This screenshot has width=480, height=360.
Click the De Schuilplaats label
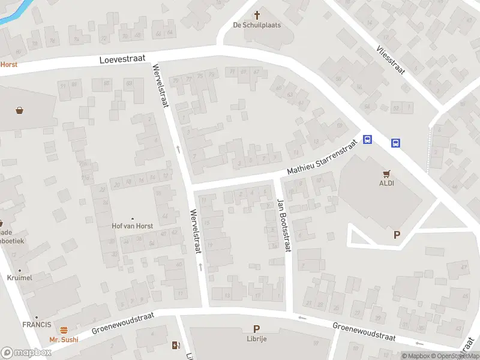coord(257,25)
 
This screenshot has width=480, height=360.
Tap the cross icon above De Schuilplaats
coord(257,15)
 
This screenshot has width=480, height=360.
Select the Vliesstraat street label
coord(391,60)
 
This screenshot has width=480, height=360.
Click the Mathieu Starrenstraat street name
coord(322,157)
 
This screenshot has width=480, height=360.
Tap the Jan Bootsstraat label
coord(283,225)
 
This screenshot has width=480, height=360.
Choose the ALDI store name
coord(386,184)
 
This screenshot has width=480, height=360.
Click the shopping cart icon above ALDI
coord(387,173)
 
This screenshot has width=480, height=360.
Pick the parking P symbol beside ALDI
coord(397,235)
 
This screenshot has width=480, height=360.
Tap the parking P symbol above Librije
coord(257,329)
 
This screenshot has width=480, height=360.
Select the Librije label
coord(257,339)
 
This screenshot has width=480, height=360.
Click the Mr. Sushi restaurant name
coord(64,340)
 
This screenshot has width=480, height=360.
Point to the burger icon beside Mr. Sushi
coord(64,330)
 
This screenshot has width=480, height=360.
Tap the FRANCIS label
coord(37,325)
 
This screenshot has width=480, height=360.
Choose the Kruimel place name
coord(20,278)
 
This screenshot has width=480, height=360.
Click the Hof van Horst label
coord(133,226)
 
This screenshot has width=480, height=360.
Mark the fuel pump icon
coord(176,345)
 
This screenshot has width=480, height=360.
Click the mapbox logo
coord(26,353)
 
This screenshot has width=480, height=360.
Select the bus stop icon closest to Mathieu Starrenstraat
coord(368,140)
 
